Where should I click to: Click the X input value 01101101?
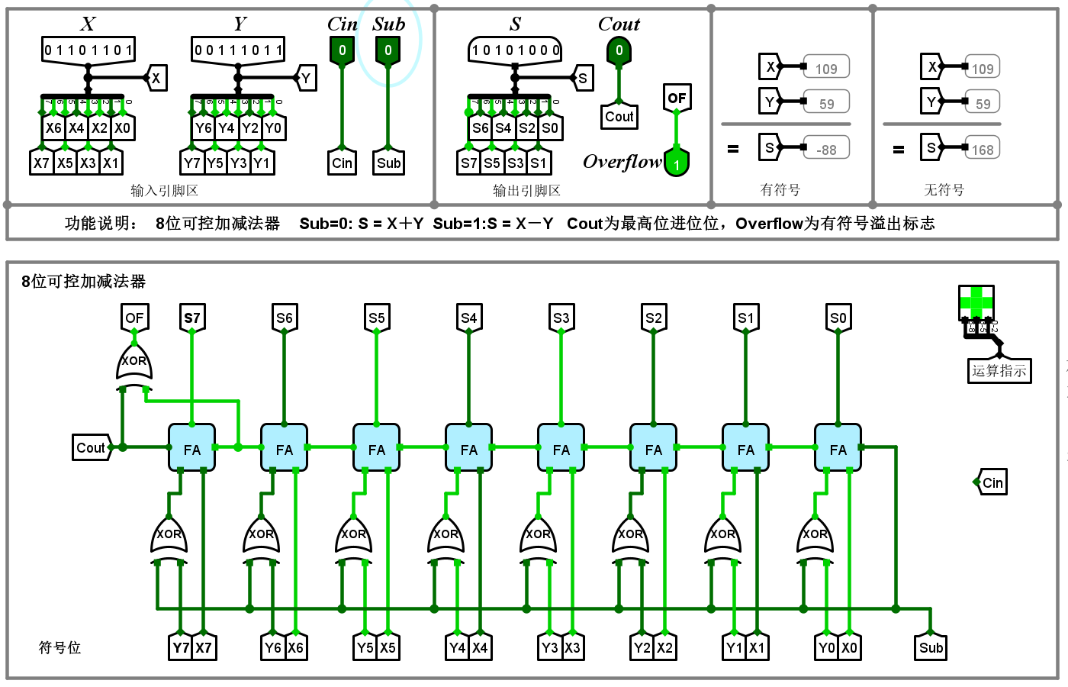pyautogui.click(x=88, y=50)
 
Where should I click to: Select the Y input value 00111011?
pyautogui.click(x=239, y=50)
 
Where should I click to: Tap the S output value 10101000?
pyautogui.click(x=516, y=50)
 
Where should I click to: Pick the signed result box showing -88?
pyautogui.click(x=826, y=150)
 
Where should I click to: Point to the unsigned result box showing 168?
pyautogui.click(x=983, y=150)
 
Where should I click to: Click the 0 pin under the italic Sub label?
pyautogui.click(x=388, y=50)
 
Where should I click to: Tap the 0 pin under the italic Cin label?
pyautogui.click(x=342, y=50)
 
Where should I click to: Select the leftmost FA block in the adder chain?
pyautogui.click(x=191, y=449)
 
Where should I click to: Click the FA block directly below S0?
pyautogui.click(x=838, y=449)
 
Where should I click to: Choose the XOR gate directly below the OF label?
pyautogui.click(x=134, y=363)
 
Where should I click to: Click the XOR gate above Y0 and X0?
pyautogui.click(x=815, y=535)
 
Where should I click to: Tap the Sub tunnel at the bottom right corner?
pyautogui.click(x=931, y=647)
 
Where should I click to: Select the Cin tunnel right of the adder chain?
pyautogui.click(x=992, y=482)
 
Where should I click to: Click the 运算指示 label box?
pyautogui.click(x=999, y=371)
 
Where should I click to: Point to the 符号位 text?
pyautogui.click(x=60, y=647)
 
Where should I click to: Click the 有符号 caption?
pyautogui.click(x=780, y=190)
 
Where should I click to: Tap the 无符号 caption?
pyautogui.click(x=944, y=190)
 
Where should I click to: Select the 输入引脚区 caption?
pyautogui.click(x=165, y=190)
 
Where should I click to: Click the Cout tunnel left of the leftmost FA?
pyautogui.click(x=92, y=448)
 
